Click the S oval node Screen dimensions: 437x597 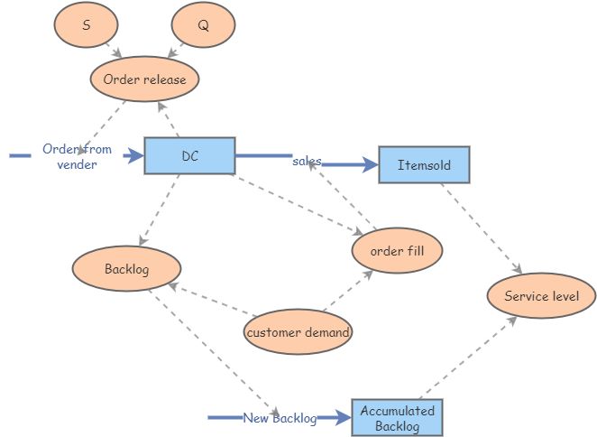point(87,25)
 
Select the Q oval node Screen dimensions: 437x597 point(203,25)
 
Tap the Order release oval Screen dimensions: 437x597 point(144,79)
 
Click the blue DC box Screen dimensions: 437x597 point(189,156)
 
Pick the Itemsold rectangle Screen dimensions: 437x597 point(424,165)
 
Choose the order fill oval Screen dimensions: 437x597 point(398,251)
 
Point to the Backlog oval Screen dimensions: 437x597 point(126,269)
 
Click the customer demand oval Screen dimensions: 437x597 point(298,332)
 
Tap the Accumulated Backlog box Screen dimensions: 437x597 point(397,418)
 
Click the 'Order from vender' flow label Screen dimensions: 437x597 point(77,156)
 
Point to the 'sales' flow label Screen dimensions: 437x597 point(307,162)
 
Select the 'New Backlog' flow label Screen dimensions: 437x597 point(280,418)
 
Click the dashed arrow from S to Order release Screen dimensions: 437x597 point(112,49)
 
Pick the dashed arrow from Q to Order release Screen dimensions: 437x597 point(178,50)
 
